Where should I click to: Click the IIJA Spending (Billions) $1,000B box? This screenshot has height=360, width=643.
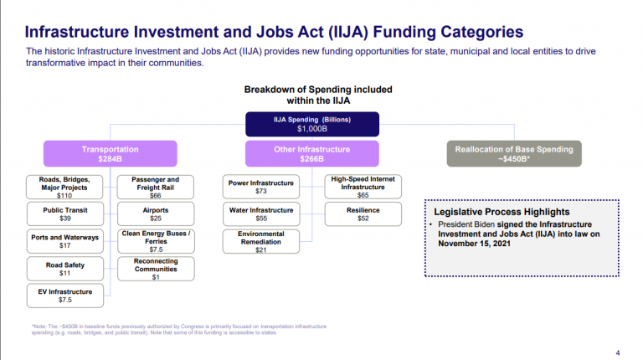pyautogui.click(x=312, y=125)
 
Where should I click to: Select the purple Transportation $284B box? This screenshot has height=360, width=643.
pyautogui.click(x=111, y=153)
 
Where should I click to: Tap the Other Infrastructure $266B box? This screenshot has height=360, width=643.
pyautogui.click(x=312, y=153)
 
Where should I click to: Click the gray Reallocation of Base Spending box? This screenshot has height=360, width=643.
pyautogui.click(x=514, y=153)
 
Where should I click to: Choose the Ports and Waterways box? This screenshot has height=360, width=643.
pyautogui.click(x=65, y=241)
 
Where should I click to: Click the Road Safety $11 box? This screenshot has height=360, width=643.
pyautogui.click(x=65, y=268)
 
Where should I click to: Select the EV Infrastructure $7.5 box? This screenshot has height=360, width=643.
pyautogui.click(x=65, y=295)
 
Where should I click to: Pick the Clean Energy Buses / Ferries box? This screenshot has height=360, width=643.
pyautogui.click(x=156, y=241)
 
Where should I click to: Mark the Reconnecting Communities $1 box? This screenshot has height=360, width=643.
pyautogui.click(x=156, y=268)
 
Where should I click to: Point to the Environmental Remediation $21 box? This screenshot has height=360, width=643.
pyautogui.click(x=261, y=241)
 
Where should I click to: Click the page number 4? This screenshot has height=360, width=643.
pyautogui.click(x=618, y=352)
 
